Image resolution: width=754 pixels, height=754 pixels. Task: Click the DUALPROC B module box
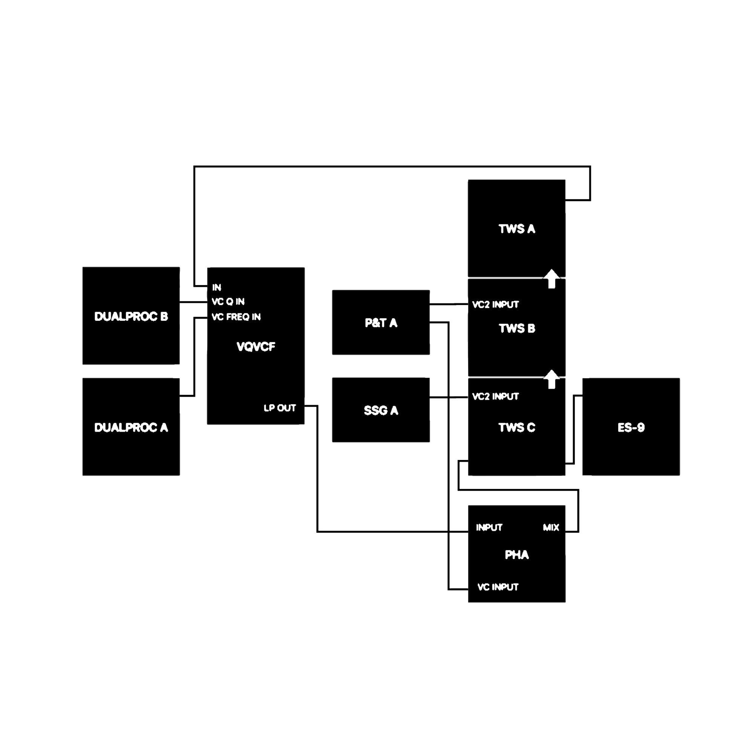coord(131,316)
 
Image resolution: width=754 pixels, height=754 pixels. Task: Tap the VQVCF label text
coord(256,346)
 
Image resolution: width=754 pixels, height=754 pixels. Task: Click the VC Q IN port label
coord(228,302)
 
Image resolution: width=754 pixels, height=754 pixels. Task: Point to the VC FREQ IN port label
coord(236,317)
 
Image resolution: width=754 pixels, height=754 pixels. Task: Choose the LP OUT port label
coord(280,408)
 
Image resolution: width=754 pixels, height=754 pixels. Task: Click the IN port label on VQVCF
coord(217,288)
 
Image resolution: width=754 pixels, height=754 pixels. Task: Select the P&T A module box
coord(381,322)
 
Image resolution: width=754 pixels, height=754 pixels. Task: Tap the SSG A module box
coord(381,410)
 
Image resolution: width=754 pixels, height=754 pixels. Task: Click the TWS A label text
coord(517,229)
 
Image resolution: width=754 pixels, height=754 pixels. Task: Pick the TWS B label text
coord(517,329)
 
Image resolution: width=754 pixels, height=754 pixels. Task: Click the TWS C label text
coord(517,428)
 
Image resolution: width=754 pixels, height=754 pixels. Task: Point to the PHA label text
coord(517,555)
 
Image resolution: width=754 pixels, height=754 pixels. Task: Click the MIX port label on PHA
coord(551,528)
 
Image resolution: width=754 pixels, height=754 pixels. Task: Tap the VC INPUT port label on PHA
coord(498,587)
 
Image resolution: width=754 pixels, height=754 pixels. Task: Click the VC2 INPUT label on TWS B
coord(496,305)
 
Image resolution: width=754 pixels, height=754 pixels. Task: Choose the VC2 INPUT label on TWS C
coord(496,397)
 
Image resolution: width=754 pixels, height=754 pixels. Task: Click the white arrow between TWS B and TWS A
coord(552,279)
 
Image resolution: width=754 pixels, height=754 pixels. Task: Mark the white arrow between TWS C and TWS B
coord(552,379)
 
